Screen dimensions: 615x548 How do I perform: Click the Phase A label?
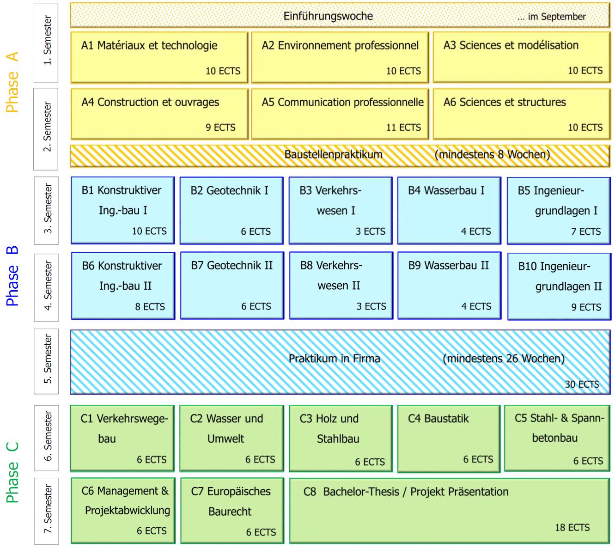[12, 82]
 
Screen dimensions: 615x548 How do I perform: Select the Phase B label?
[12, 276]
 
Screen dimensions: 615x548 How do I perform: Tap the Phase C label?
[12, 472]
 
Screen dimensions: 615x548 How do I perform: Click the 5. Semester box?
[46, 361]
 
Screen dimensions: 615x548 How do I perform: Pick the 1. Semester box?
[46, 43]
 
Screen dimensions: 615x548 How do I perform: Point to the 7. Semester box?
[47, 511]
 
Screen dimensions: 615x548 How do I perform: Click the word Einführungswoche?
[328, 16]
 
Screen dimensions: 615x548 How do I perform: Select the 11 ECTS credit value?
[403, 127]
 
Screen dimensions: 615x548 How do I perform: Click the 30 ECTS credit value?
[582, 384]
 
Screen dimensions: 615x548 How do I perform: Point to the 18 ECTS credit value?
[572, 527]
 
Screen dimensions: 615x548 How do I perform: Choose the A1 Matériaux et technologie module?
[159, 57]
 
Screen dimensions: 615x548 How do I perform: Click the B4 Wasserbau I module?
[449, 210]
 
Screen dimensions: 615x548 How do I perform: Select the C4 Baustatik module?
[449, 438]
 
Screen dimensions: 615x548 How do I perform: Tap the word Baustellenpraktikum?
[333, 154]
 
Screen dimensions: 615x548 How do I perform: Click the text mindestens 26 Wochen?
[504, 359]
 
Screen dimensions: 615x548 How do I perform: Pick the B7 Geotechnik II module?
[232, 286]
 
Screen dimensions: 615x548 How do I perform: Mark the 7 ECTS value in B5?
[586, 231]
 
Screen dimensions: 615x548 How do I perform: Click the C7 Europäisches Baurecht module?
[232, 511]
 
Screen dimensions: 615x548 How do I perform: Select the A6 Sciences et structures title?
[505, 102]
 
